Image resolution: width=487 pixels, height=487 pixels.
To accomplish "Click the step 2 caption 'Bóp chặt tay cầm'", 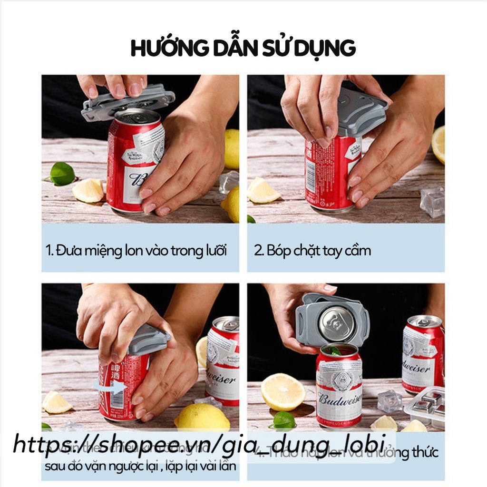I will coord(312,250).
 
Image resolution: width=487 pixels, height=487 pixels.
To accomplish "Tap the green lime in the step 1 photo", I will coord(62,174).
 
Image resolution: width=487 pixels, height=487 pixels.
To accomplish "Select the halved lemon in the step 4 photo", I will coord(282,391).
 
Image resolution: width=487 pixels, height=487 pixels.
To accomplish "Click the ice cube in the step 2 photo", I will coord(432,201).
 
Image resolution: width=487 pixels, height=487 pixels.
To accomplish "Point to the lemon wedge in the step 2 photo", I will coord(263,190).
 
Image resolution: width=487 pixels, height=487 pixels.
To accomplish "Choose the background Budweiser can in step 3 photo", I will coord(223,361).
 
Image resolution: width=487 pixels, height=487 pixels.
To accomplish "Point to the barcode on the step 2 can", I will coord(311,175).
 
